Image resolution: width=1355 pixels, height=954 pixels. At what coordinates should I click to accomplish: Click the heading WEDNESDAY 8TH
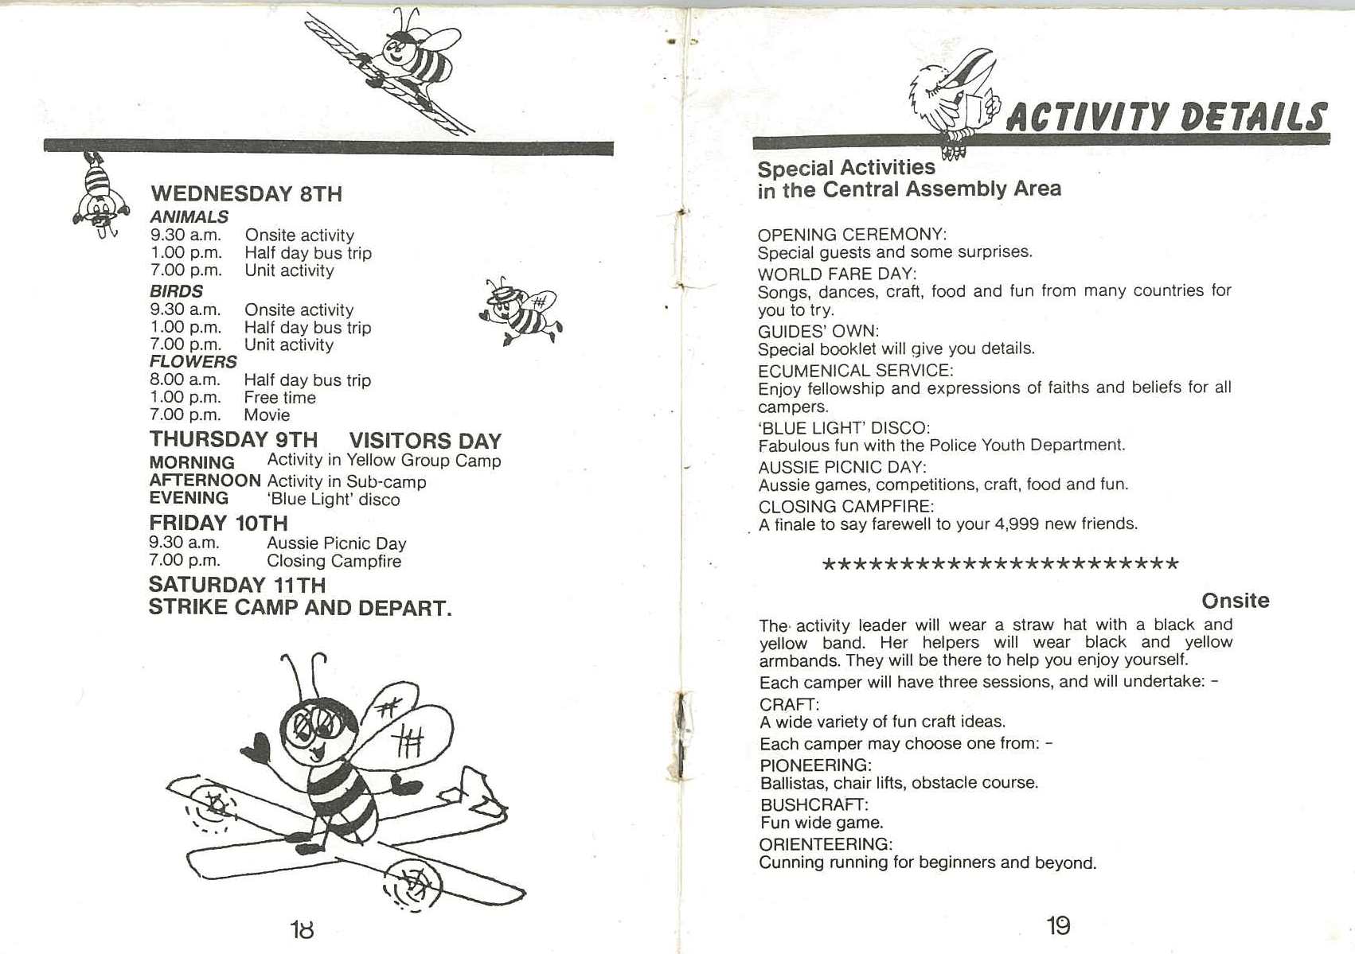pos(246,194)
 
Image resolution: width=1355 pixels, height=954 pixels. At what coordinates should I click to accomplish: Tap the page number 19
pos(1058,925)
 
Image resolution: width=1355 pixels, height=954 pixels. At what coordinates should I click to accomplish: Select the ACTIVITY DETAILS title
pos(1166,117)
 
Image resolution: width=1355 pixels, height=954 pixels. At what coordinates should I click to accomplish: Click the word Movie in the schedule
pos(267,415)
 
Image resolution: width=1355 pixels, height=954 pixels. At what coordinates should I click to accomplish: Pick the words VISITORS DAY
pos(425,441)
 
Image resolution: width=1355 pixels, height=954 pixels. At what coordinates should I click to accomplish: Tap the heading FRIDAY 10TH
pos(218,523)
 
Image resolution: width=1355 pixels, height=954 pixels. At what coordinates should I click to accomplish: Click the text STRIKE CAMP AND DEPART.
pos(299,609)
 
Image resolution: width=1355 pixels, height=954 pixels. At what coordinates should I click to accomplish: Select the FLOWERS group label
pos(193,362)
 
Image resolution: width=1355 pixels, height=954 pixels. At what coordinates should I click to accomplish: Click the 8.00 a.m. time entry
pos(185,380)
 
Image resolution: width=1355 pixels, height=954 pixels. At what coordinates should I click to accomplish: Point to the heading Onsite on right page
pos(1235,601)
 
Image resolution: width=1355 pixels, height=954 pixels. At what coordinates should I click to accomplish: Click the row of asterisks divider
pos(999,565)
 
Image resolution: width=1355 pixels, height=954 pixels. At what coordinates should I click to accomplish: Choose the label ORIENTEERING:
pos(826,844)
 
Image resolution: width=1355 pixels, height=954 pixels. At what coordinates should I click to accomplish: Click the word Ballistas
pos(792,783)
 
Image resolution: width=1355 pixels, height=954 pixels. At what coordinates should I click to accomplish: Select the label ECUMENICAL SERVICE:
pos(855,371)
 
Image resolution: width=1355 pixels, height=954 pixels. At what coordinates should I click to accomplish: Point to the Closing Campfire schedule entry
pos(334,562)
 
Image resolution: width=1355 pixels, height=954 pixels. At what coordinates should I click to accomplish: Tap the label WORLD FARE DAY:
pos(836,274)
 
